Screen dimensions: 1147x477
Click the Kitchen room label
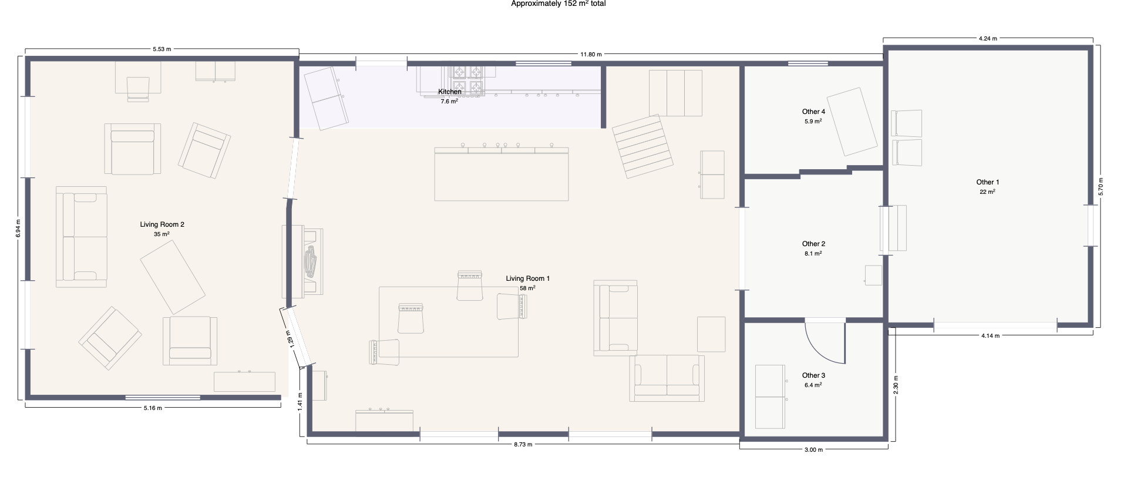(450, 92)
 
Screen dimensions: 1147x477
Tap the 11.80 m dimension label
(591, 55)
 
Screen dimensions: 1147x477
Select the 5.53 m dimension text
(162, 49)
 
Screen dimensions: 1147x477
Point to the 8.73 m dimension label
(523, 444)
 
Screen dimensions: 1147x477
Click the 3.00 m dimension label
(813, 450)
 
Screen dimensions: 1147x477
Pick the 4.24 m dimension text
(988, 38)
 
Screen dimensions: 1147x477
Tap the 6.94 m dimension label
(18, 229)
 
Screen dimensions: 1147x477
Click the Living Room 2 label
(162, 224)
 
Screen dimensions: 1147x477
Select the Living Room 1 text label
(528, 278)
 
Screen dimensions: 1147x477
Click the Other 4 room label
(813, 112)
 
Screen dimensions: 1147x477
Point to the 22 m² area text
(987, 192)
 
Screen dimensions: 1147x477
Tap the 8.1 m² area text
(813, 254)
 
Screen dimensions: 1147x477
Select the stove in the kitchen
(467, 79)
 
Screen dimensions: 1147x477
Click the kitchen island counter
(502, 174)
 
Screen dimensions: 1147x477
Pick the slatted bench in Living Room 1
(643, 146)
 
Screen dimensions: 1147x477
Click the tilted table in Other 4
(852, 122)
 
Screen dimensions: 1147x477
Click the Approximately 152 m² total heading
(559, 4)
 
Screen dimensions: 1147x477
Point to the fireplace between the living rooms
(302, 261)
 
